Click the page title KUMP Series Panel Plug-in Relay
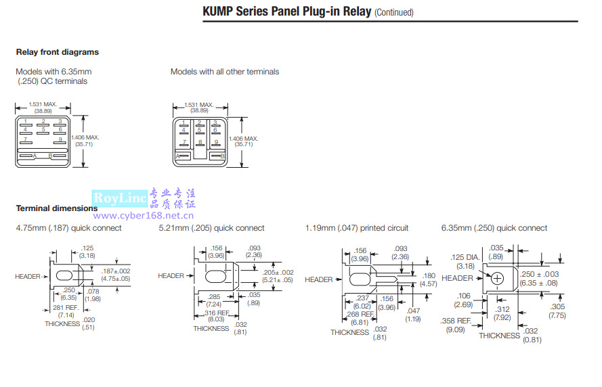286,12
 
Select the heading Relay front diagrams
57,52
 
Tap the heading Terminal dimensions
57,208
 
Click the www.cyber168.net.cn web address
144,216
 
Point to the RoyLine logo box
120,198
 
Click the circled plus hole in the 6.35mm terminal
498,278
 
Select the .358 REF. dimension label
456,321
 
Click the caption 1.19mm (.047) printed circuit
357,228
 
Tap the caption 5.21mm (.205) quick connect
211,228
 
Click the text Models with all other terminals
224,72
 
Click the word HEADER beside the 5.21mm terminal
171,276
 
